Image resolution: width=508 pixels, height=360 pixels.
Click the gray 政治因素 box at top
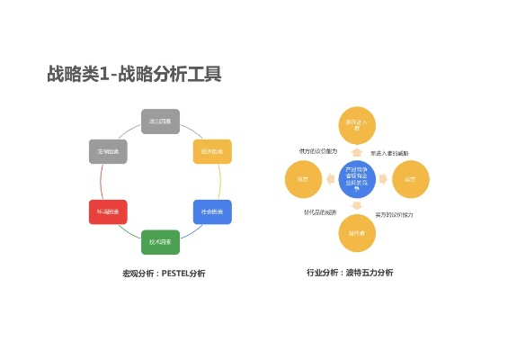161,121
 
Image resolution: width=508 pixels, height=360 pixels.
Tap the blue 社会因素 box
212,212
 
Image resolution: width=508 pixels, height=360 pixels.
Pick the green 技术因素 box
161,242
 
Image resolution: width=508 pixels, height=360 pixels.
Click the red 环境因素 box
109,212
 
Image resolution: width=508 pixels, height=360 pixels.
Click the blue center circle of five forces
352,178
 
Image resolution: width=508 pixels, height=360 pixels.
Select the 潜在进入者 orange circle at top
352,126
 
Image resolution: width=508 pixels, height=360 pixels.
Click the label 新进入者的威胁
389,153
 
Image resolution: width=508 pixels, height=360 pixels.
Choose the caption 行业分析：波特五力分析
350,272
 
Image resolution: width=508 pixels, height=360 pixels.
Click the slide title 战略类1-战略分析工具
134,75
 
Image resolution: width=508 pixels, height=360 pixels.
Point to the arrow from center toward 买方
383,178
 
